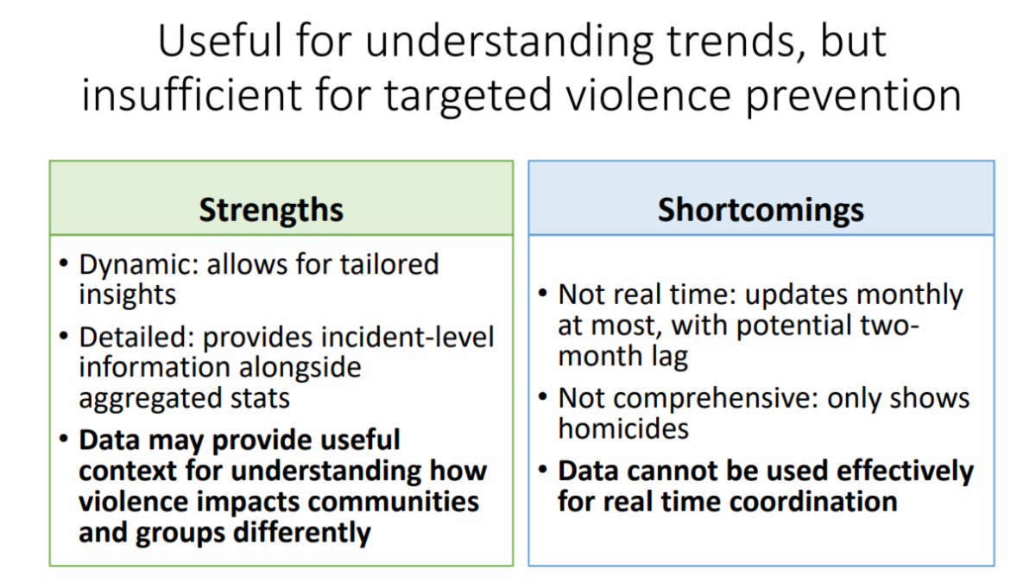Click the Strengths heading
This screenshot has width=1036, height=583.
pyautogui.click(x=271, y=211)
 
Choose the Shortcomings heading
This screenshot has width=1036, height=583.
pyautogui.click(x=761, y=211)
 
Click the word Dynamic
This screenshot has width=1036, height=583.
pyautogui.click(x=139, y=266)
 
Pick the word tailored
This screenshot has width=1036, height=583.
pyautogui.click(x=389, y=264)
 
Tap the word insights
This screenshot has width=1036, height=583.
pyautogui.click(x=128, y=295)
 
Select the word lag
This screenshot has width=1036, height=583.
pyautogui.click(x=669, y=358)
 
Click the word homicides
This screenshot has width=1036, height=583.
pyautogui.click(x=623, y=429)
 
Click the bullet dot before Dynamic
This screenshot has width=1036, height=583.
pyautogui.click(x=64, y=263)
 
